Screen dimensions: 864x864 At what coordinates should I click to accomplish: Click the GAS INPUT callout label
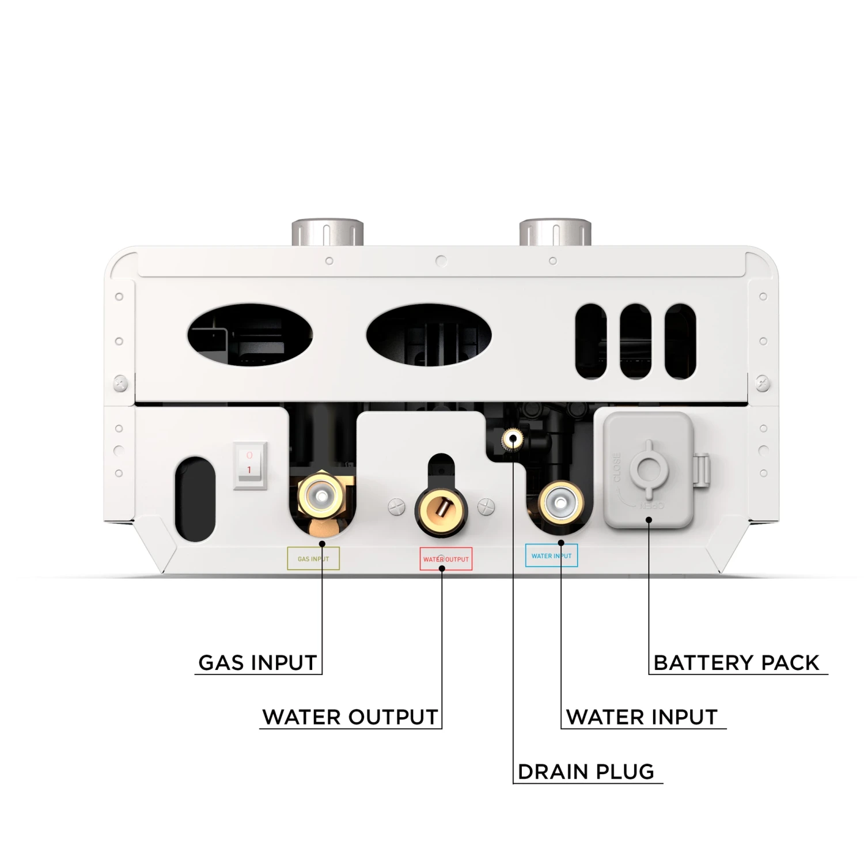coord(257,662)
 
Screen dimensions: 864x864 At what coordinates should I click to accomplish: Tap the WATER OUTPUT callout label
coord(350,717)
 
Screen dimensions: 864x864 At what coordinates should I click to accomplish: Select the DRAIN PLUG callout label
coord(586,772)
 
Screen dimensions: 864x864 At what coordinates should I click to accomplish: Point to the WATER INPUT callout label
coord(642,717)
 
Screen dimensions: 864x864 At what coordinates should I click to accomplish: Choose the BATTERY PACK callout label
coord(736,662)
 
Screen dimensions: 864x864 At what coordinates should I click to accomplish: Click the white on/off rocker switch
coord(250,465)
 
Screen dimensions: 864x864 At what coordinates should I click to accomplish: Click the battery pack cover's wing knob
coord(649,469)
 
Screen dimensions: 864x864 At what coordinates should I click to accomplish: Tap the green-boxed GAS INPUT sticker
coord(313,559)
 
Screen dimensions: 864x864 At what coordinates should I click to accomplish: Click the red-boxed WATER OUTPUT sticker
coord(446,559)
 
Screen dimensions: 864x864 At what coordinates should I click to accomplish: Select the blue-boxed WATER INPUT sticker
coord(551,556)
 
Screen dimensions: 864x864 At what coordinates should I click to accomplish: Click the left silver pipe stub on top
coord(327,233)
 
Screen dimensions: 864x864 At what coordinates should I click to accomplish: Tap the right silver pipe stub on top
coord(555,233)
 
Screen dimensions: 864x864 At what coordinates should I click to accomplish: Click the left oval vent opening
coord(250,335)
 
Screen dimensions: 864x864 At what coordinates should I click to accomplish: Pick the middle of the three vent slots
coord(636,341)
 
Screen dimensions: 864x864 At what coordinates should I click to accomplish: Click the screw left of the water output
coord(397,506)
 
